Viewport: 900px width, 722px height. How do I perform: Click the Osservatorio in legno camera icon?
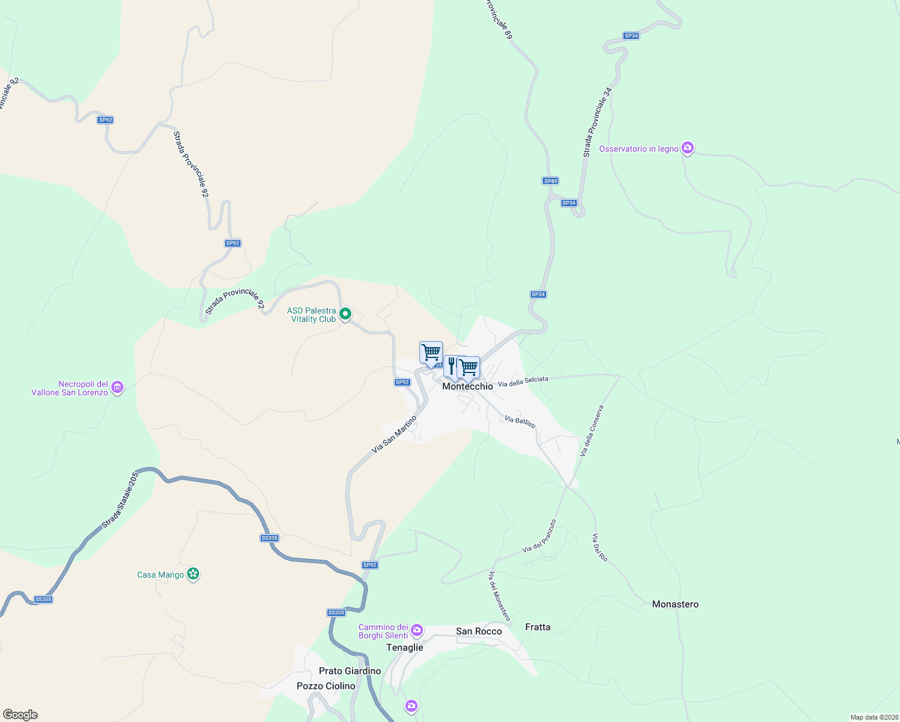click(x=688, y=148)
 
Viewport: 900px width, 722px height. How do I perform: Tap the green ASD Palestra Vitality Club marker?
click(x=345, y=314)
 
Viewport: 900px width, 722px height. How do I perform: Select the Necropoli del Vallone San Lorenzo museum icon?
click(x=118, y=387)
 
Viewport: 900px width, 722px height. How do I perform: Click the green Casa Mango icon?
click(x=193, y=574)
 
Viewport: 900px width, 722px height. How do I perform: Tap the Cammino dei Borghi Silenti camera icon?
click(x=417, y=631)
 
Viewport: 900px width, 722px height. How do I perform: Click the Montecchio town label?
click(x=467, y=386)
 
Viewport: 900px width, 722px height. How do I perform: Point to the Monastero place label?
click(x=675, y=604)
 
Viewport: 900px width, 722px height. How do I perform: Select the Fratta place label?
click(x=537, y=627)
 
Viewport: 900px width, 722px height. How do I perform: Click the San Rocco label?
click(x=479, y=631)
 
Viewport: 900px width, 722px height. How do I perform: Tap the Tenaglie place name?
click(x=404, y=647)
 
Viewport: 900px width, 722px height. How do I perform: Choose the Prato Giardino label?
click(x=350, y=671)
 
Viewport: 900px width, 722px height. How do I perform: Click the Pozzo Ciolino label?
click(x=326, y=686)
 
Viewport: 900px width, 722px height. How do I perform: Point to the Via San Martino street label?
click(x=394, y=434)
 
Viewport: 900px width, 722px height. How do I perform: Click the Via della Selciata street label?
click(x=523, y=381)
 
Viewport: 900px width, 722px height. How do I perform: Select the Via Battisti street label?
click(x=520, y=422)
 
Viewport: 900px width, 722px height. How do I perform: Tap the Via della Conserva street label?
click(x=591, y=431)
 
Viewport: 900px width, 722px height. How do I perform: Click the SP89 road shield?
click(x=550, y=180)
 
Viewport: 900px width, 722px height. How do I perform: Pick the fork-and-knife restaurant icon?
click(x=451, y=365)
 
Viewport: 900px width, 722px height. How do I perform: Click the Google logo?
click(x=20, y=715)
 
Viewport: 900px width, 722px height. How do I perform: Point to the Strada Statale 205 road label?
click(x=120, y=500)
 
